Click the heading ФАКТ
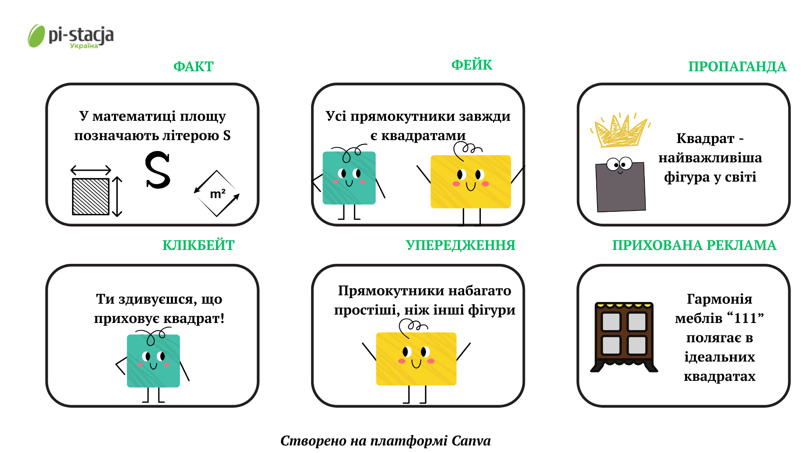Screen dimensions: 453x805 pyautogui.click(x=193, y=67)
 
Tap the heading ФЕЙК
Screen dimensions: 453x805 pyautogui.click(x=472, y=65)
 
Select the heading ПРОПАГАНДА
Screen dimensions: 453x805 pyautogui.click(x=737, y=67)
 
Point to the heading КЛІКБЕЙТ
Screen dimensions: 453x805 pyautogui.click(x=198, y=245)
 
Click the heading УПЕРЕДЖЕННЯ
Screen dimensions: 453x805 pyautogui.click(x=460, y=245)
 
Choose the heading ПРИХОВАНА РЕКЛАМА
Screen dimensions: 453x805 pyautogui.click(x=694, y=245)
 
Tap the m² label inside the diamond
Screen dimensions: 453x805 pyautogui.click(x=218, y=194)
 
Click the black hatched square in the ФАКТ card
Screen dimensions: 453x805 pyautogui.click(x=91, y=196)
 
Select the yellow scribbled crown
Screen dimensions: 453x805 pyautogui.click(x=620, y=131)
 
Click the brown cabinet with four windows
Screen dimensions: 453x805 pyautogui.click(x=624, y=336)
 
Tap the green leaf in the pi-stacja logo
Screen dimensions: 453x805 pyautogui.click(x=36, y=36)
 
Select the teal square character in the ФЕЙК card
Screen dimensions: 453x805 pyautogui.click(x=349, y=178)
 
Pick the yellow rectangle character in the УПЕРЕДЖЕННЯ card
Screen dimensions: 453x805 pyautogui.click(x=416, y=359)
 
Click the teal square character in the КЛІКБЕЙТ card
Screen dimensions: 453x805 pyautogui.click(x=153, y=361)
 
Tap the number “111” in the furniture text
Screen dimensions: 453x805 pyautogui.click(x=746, y=318)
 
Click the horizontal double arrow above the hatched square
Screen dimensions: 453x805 pyautogui.click(x=91, y=170)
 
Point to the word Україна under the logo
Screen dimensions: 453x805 pyautogui.click(x=84, y=46)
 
